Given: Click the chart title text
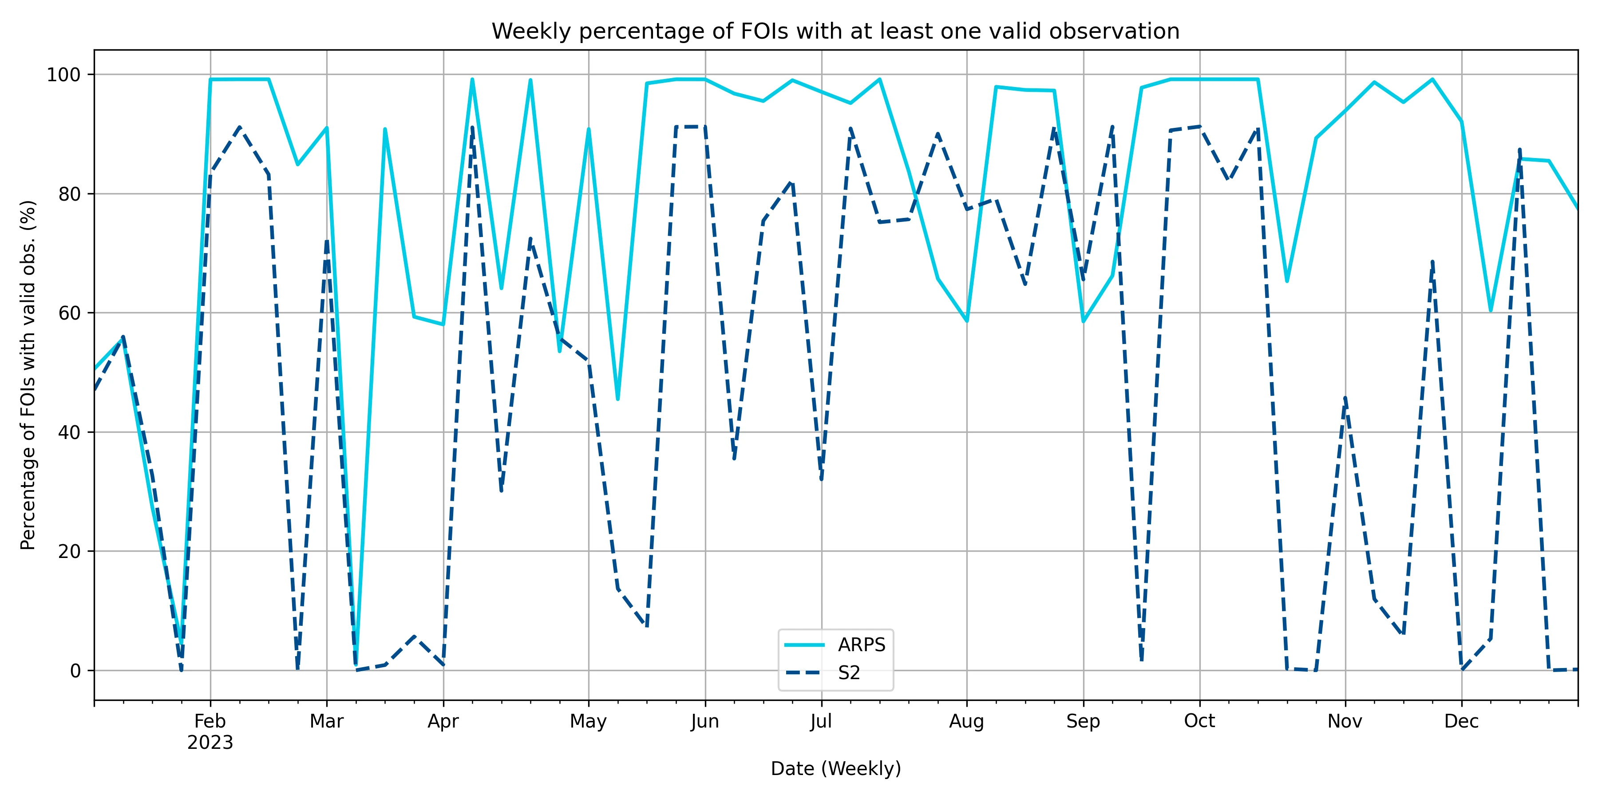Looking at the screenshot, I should click(835, 31).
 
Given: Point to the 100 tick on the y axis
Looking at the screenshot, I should click(64, 75).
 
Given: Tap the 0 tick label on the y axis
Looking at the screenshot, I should click(75, 671).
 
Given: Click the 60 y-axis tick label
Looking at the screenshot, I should click(70, 313).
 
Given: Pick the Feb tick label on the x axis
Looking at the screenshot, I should click(210, 721).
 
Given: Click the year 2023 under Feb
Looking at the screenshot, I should click(210, 743).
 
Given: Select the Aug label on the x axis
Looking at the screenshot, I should click(966, 721).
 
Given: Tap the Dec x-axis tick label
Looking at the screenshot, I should click(1462, 721).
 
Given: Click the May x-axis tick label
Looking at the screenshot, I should click(588, 721).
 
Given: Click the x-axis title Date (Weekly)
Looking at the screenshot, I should click(835, 769).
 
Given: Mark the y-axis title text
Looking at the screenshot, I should click(28, 375).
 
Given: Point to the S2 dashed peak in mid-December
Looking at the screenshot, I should click(1520, 150).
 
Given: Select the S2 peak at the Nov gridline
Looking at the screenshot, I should click(1345, 398).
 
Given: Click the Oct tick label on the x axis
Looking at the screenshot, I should click(1199, 721).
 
